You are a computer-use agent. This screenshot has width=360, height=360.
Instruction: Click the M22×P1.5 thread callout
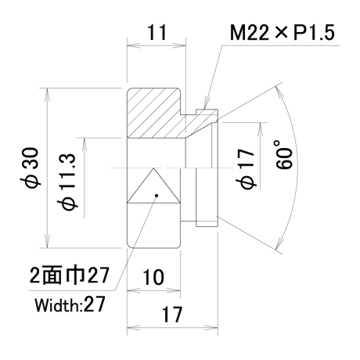(x=282, y=33)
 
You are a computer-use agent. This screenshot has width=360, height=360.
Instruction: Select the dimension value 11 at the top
(x=157, y=32)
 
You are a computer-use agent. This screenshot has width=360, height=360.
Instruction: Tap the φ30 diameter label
(x=31, y=167)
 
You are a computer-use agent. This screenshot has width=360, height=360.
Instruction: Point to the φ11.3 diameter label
(x=67, y=182)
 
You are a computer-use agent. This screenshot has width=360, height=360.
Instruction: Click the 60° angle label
(x=283, y=155)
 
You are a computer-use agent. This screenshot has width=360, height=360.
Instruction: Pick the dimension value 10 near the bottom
(x=153, y=277)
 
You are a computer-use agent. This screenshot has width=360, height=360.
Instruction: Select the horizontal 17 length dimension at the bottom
(x=172, y=315)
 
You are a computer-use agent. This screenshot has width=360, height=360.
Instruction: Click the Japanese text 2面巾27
(x=69, y=275)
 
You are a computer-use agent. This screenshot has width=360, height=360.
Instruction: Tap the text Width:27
(x=70, y=304)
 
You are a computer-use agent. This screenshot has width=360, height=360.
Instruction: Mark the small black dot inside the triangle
(x=157, y=196)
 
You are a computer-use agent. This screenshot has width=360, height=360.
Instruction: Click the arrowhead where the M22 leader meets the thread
(x=207, y=104)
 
